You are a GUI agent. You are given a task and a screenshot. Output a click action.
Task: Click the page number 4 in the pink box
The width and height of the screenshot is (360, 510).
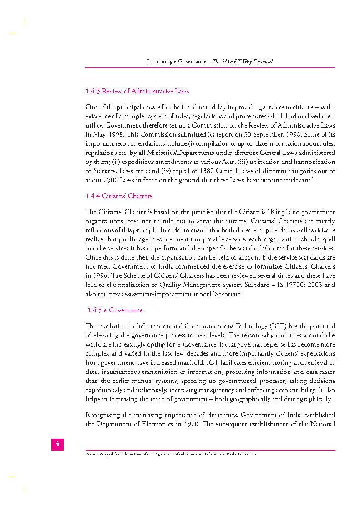[x=57, y=444]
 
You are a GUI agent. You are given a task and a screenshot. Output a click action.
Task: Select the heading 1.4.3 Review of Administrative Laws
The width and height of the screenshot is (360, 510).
[x=137, y=92]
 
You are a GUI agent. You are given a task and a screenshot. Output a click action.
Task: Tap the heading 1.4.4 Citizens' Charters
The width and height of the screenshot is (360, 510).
[x=119, y=196]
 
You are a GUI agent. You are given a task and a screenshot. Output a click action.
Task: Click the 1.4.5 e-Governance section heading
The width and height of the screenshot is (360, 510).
[x=115, y=311]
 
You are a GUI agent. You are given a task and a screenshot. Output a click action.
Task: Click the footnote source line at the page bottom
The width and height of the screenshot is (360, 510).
[x=171, y=454]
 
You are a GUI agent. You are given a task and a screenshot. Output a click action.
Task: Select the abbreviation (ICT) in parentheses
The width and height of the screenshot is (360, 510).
[x=279, y=326]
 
